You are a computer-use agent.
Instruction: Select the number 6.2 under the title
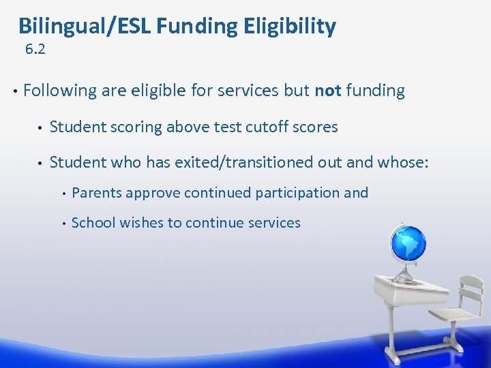pos(35,49)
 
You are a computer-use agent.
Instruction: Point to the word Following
pos(60,91)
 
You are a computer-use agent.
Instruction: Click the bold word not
pos(328,91)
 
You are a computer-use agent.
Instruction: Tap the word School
pos(93,223)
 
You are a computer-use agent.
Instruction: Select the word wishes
pos(137,223)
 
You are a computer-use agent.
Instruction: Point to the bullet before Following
pos(14,91)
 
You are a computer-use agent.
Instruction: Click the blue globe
pos(407,242)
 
